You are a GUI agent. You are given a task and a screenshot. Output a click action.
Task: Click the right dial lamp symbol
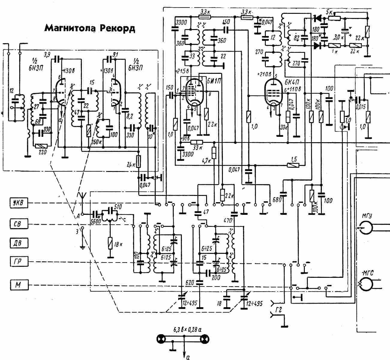(204, 339)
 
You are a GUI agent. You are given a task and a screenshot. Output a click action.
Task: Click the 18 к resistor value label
(118, 244)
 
